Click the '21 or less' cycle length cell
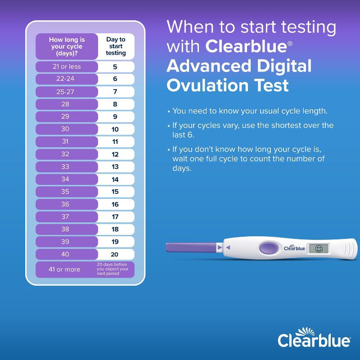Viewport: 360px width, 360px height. [67, 67]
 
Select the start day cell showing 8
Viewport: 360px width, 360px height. [115, 104]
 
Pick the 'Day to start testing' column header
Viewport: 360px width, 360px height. [116, 46]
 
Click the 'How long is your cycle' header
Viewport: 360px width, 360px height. [67, 46]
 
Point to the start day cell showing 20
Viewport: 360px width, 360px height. [115, 254]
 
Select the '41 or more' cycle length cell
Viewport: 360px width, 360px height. [65, 270]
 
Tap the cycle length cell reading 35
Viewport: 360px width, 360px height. [66, 192]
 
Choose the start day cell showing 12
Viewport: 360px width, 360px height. [115, 154]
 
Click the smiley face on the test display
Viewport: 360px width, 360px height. [319, 248]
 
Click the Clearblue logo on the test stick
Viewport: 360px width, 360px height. [294, 247]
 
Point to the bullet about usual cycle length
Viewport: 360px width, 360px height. [250, 111]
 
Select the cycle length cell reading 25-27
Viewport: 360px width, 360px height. [66, 91]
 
